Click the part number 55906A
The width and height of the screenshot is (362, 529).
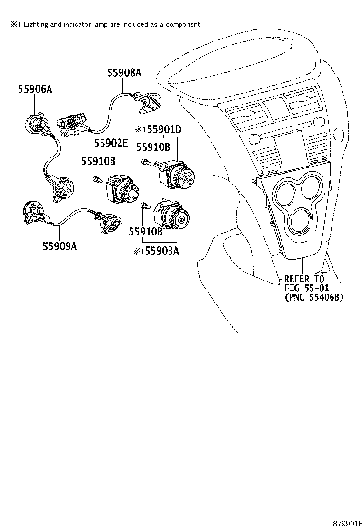(35, 89)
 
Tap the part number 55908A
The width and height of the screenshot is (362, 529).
(124, 72)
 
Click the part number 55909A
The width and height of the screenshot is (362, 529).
(60, 246)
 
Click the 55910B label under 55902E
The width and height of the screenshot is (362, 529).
(98, 161)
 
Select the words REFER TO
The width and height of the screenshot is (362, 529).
(303, 279)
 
